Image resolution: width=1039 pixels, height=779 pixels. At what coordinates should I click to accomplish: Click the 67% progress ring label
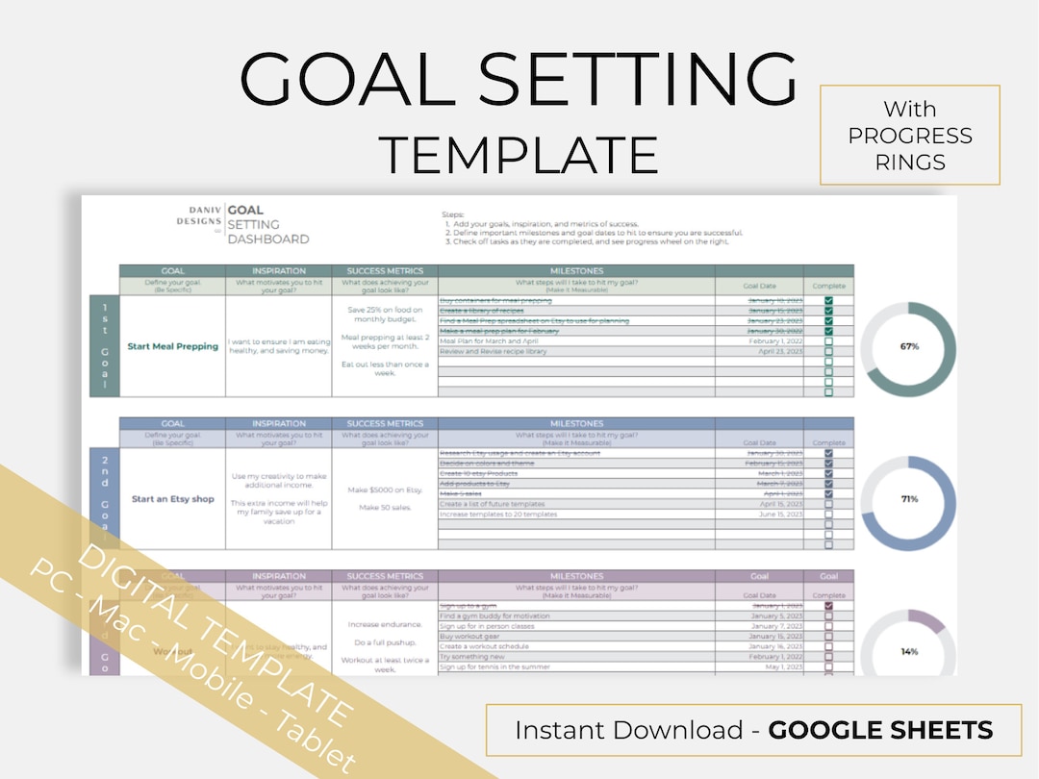coord(909,346)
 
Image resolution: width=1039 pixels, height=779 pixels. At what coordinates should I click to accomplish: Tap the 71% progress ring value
coord(909,499)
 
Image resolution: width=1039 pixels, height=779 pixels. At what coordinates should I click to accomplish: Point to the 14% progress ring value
coord(909,651)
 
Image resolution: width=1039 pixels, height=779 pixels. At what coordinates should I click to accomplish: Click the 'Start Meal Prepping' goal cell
coord(172,346)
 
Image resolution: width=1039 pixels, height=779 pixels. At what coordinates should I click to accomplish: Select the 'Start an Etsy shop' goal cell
coord(172,499)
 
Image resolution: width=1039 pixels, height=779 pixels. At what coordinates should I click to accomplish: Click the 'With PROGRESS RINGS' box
coord(909,135)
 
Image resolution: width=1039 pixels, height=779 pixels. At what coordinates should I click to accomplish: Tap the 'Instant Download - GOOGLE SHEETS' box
coord(752,730)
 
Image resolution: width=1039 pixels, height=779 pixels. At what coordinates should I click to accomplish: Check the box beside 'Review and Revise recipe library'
coord(828,352)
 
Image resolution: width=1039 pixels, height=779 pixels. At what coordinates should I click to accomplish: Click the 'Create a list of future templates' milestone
coord(492,504)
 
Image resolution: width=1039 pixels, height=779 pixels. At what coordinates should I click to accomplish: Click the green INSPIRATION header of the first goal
coord(278,271)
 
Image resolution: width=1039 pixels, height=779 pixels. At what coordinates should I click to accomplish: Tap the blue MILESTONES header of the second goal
coord(576,423)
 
